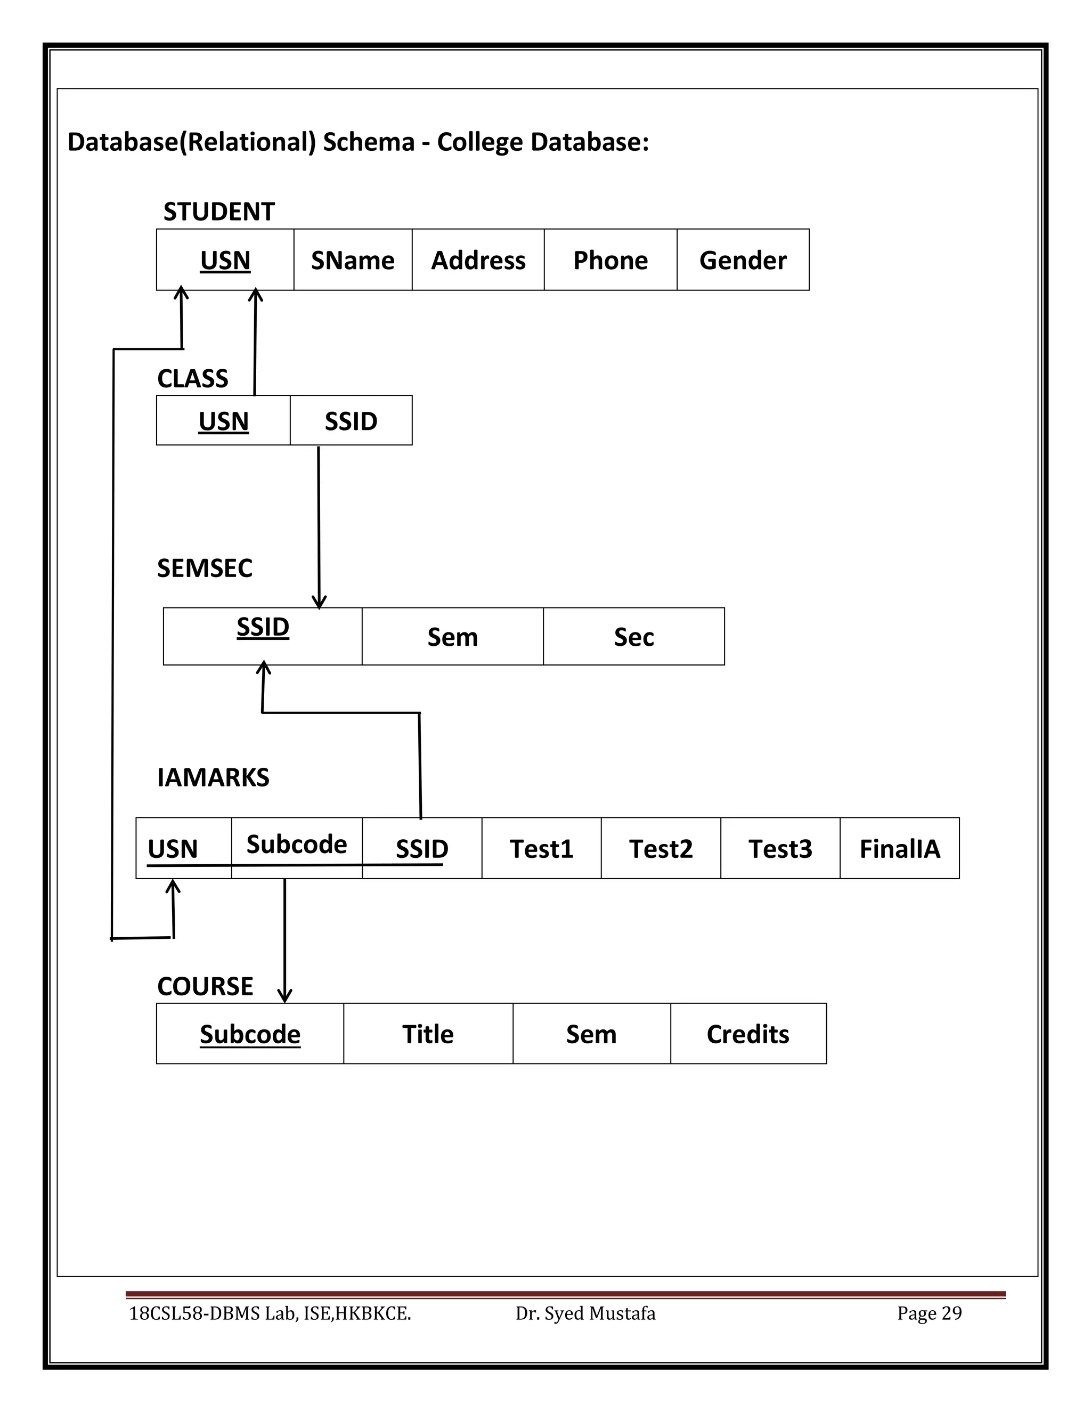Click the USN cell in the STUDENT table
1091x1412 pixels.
[x=225, y=260]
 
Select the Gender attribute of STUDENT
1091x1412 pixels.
[x=743, y=260]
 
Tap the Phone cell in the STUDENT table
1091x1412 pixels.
[x=610, y=260]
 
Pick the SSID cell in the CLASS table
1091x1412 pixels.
[x=351, y=421]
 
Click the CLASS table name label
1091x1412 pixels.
[x=193, y=378]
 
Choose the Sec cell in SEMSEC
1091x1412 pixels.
[x=633, y=637]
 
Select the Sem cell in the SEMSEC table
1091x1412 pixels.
[x=452, y=637]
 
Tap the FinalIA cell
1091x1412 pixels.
[x=899, y=848]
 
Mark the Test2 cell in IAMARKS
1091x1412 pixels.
[x=661, y=848]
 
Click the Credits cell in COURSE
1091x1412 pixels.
[x=748, y=1034]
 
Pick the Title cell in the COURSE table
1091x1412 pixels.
[x=428, y=1034]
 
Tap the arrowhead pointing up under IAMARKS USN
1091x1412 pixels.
[x=173, y=887]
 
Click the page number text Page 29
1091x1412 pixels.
[x=929, y=1313]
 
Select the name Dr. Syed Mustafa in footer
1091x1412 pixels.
[x=585, y=1313]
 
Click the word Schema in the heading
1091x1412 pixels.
[x=369, y=142]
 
